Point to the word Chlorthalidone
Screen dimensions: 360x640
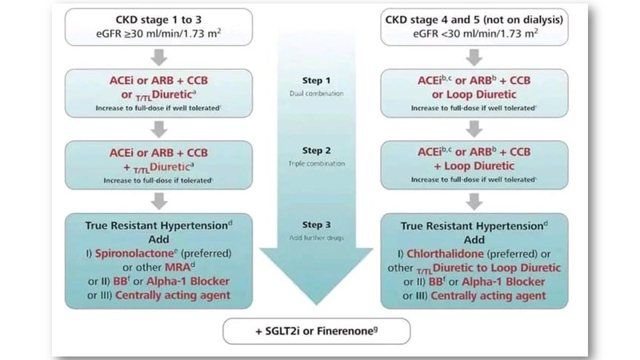click(482, 256)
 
